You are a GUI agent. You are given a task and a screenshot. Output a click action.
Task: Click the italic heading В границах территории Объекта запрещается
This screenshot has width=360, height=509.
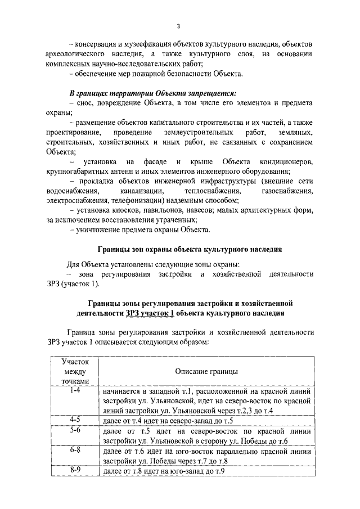click(152, 93)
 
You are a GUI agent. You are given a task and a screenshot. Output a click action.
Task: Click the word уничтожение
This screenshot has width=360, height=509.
click(100, 231)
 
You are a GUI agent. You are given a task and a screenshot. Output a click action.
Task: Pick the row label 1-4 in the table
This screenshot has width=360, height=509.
click(73, 390)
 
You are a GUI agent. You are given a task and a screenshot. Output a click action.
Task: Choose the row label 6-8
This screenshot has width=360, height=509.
click(73, 451)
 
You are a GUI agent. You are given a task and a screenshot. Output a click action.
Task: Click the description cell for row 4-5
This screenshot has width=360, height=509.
click(169, 421)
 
